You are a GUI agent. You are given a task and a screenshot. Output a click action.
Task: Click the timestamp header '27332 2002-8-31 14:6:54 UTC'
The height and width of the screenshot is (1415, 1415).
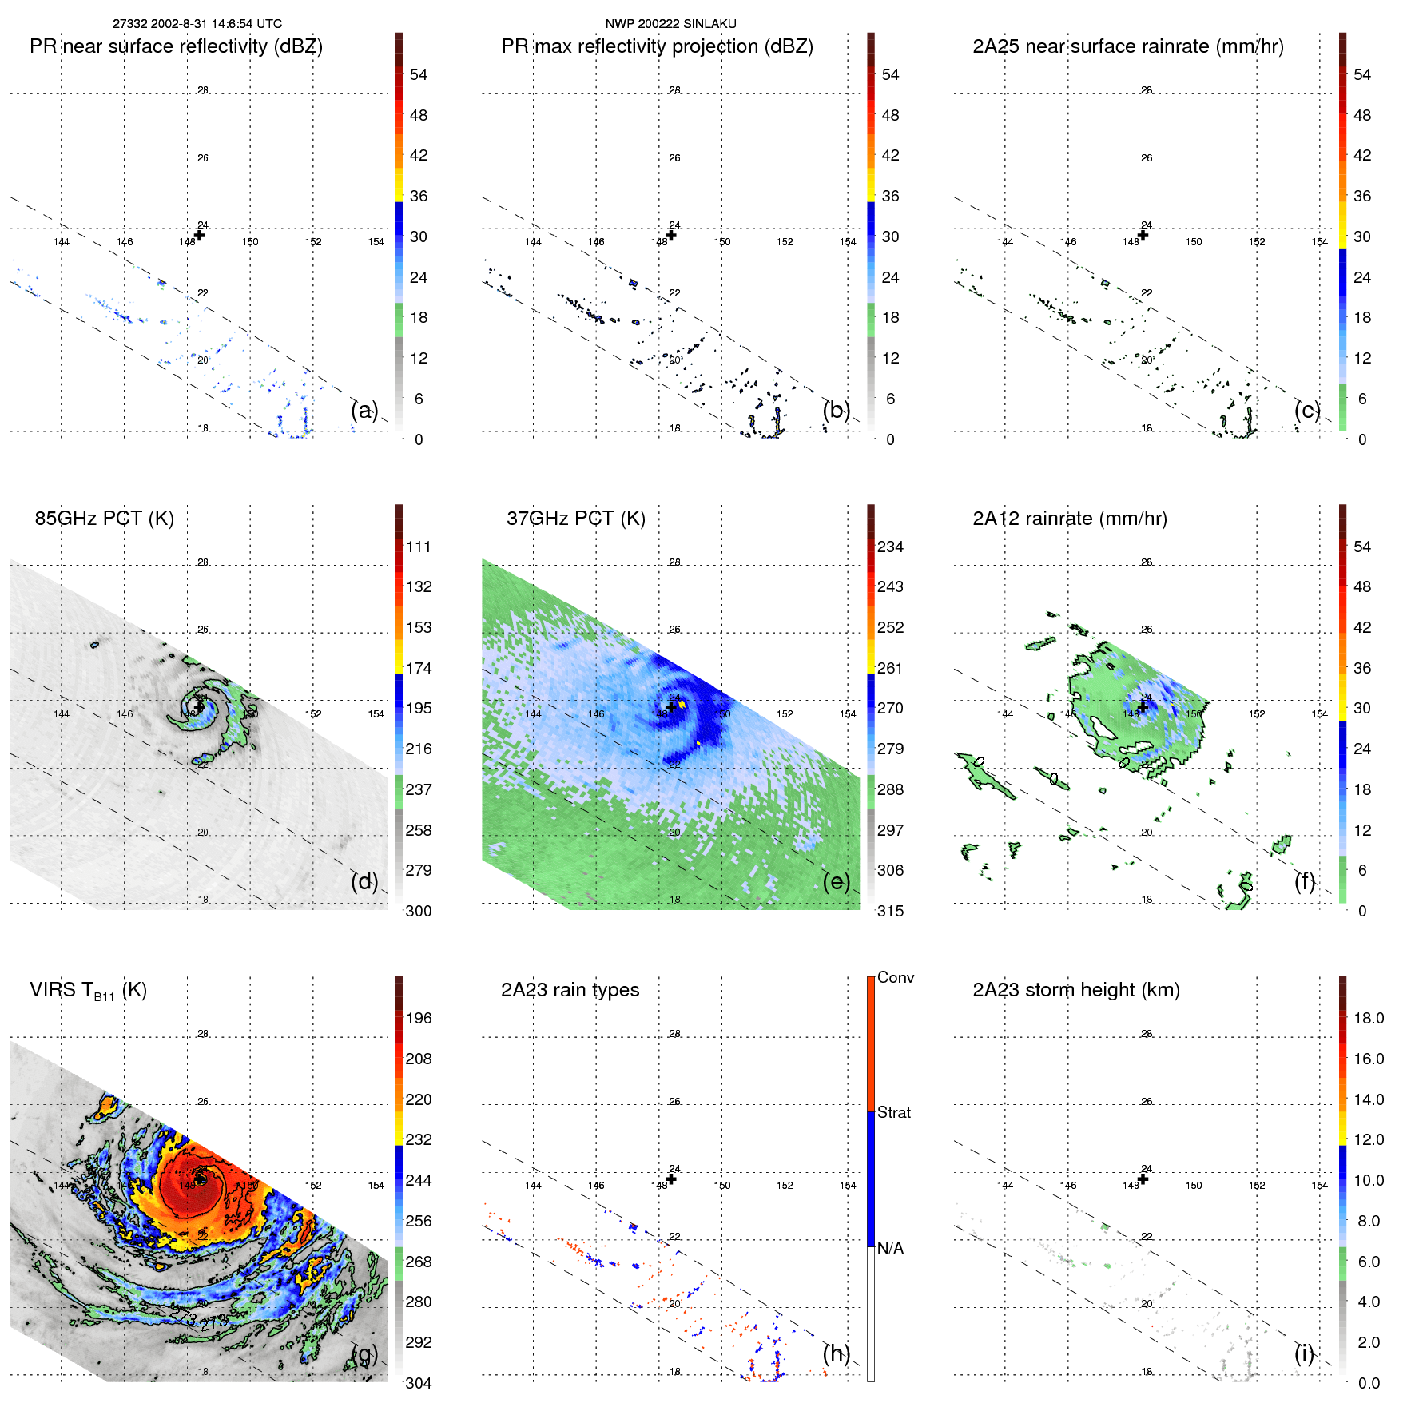197,24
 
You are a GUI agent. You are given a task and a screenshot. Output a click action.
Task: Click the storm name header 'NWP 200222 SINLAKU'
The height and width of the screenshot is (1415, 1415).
670,24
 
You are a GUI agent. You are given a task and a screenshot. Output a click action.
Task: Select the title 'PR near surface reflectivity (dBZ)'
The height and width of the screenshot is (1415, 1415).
176,46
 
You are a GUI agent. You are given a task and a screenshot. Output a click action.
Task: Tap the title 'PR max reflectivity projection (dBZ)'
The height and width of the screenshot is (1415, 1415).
657,46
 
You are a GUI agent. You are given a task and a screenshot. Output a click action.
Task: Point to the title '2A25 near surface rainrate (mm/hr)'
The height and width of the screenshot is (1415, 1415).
1127,46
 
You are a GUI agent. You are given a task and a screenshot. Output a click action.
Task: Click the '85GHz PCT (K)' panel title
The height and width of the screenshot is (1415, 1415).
104,518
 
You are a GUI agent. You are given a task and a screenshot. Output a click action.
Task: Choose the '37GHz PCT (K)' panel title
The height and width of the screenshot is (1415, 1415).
575,518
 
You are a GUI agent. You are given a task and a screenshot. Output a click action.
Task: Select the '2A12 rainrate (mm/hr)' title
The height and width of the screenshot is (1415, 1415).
1069,518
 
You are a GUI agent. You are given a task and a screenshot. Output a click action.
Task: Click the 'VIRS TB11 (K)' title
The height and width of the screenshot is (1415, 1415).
88,990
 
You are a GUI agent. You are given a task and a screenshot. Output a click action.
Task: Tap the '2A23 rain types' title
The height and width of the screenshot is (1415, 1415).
570,990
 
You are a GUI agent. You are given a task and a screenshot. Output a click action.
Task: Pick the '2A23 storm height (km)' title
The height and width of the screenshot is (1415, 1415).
1075,990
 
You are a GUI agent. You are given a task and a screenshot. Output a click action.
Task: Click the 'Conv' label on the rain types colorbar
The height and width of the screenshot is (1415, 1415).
895,977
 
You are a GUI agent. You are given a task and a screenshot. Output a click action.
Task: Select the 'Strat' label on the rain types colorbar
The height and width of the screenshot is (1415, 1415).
893,1112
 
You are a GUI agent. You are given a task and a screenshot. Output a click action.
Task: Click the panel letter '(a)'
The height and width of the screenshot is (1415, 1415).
364,410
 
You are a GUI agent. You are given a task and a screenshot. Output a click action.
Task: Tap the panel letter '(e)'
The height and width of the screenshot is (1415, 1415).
836,881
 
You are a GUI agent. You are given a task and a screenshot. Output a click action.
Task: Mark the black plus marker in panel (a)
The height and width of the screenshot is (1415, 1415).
200,235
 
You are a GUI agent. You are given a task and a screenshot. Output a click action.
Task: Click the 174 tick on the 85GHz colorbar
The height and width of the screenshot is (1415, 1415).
418,668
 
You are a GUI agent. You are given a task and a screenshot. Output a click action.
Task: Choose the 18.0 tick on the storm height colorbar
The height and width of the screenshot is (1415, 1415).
1368,1018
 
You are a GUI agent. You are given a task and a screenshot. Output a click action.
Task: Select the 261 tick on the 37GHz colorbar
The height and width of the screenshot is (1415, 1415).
890,668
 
